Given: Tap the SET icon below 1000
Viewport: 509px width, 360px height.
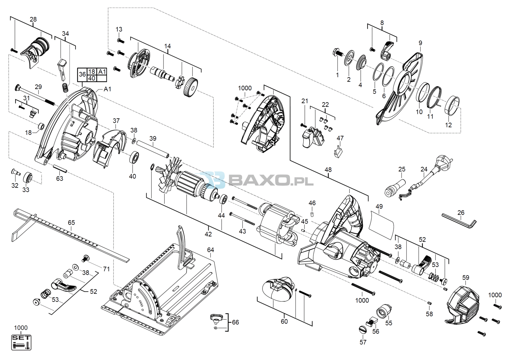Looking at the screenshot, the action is pos(21,342).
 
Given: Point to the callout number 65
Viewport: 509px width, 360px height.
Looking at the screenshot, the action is pos(71,222).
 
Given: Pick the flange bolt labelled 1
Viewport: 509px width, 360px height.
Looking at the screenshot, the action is pos(338,53).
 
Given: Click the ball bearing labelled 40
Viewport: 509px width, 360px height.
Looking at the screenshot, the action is pos(134,157).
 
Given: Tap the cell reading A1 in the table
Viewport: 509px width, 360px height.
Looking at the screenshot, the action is pos(101,72).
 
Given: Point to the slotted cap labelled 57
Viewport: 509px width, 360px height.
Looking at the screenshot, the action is pos(363,329).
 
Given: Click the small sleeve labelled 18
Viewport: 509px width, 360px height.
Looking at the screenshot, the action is pos(41,126).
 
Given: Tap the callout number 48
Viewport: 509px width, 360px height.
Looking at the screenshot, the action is pos(328,170).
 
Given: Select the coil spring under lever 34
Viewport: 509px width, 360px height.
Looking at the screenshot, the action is pos(65,88).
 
